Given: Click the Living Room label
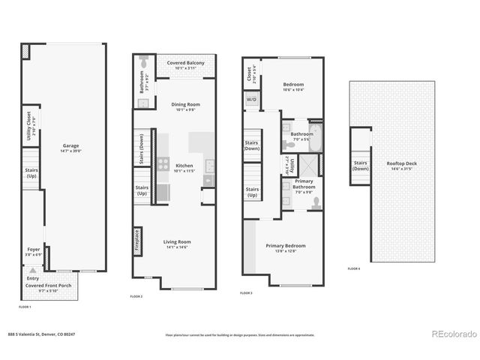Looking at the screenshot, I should pyautogui.click(x=179, y=241).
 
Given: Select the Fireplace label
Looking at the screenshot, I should pyautogui.click(x=137, y=240).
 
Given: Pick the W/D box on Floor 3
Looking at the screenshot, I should pyautogui.click(x=250, y=98).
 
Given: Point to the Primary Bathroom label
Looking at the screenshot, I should pyautogui.click(x=304, y=184).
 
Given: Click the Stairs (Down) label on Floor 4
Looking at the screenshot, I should pyautogui.click(x=361, y=165).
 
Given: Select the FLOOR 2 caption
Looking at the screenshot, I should pyautogui.click(x=136, y=297).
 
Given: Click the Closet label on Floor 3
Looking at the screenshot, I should pyautogui.click(x=249, y=74).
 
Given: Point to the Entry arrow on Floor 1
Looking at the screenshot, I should pyautogui.click(x=32, y=270).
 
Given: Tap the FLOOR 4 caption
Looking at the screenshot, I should pyautogui.click(x=354, y=268).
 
